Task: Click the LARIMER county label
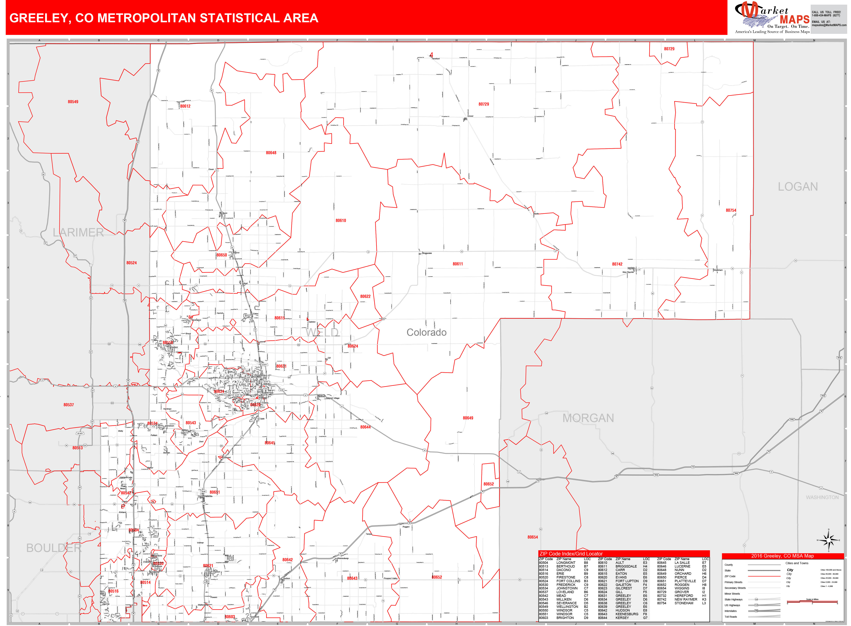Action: pos(78,232)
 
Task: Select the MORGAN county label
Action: pos(588,418)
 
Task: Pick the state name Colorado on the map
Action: pos(426,332)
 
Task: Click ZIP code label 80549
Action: pos(73,102)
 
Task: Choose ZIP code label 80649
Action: pos(468,418)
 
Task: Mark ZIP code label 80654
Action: pos(532,537)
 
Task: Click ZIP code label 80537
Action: pos(69,405)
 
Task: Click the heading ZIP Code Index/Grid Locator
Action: pos(571,554)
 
